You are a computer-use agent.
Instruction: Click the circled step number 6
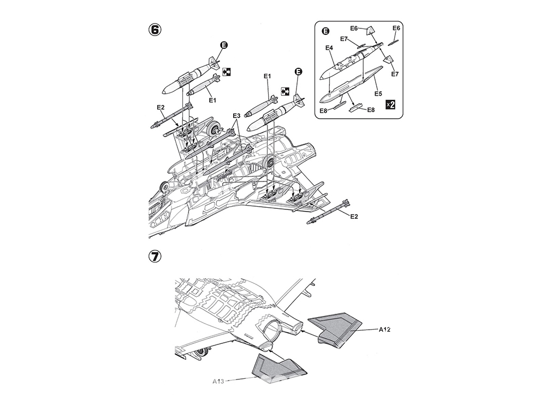point(155,30)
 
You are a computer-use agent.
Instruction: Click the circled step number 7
point(155,256)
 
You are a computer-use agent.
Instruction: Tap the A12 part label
point(385,330)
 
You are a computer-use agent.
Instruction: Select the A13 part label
point(218,382)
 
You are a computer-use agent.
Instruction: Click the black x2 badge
point(390,104)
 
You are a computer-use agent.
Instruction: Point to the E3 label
point(236,116)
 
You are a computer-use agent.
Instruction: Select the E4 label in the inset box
point(329,48)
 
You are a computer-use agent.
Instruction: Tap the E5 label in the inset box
point(378,94)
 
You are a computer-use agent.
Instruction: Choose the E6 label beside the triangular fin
point(354,28)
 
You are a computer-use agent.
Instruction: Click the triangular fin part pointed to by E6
point(371,31)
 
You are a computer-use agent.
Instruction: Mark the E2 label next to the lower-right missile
point(354,216)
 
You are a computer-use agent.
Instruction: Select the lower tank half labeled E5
point(348,85)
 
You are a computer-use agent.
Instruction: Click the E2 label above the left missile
point(161,107)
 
